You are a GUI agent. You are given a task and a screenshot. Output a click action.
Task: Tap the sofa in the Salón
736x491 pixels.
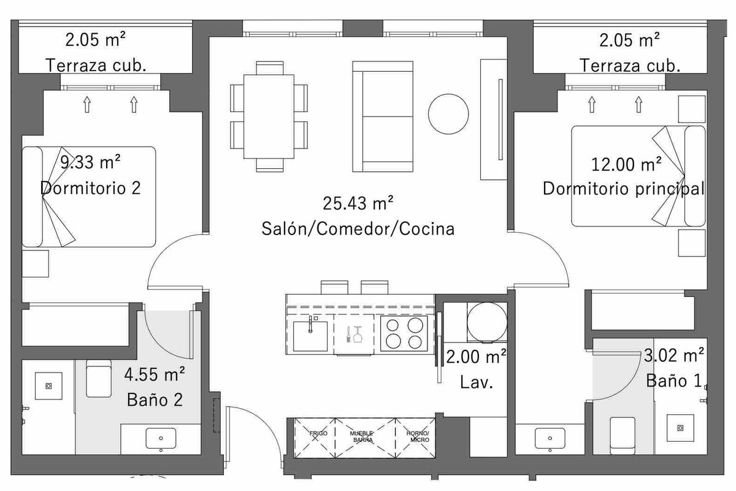click(383, 117)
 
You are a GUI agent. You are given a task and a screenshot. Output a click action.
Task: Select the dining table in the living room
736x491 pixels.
click(269, 117)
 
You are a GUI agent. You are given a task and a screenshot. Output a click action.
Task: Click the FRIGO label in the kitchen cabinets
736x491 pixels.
click(318, 433)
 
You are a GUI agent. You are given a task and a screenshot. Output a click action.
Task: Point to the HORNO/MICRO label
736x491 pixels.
click(418, 436)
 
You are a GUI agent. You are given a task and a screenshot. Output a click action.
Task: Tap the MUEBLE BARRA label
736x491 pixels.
click(361, 436)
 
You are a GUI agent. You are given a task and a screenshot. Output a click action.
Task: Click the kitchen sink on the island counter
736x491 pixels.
click(310, 336)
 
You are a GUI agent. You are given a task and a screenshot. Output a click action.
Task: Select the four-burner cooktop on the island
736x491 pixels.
click(404, 333)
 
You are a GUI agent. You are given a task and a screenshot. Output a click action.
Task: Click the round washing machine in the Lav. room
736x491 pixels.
click(487, 322)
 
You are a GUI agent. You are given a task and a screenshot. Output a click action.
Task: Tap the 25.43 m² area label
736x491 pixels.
click(358, 203)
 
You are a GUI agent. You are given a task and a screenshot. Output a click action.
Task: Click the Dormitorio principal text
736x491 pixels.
click(623, 189)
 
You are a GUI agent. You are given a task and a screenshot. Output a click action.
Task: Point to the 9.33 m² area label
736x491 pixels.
click(90, 162)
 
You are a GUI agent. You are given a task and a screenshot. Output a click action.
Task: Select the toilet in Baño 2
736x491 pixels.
click(99, 379)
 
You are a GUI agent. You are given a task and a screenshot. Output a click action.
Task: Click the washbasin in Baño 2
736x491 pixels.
click(161, 439)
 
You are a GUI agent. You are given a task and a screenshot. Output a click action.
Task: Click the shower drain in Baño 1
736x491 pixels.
click(680, 428)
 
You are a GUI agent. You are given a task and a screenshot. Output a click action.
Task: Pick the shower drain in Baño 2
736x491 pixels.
click(48, 386)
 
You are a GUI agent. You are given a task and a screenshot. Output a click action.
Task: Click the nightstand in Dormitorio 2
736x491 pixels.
click(36, 263)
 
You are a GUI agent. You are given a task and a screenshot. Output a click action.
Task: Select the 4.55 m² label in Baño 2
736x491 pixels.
click(155, 374)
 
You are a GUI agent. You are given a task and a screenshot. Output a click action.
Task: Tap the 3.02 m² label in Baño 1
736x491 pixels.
click(673, 355)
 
